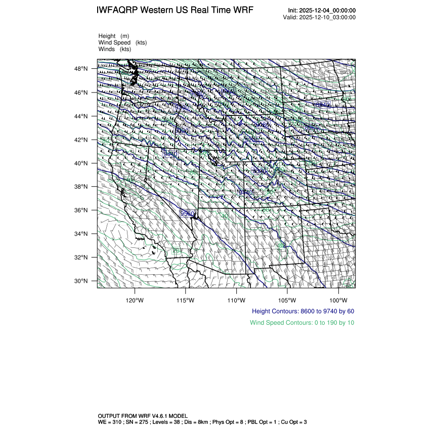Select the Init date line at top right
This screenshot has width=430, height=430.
tap(322, 11)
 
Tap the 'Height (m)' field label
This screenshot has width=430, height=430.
tap(114, 36)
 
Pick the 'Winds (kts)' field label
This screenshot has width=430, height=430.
tap(115, 49)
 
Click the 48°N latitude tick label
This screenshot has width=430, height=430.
tap(82, 69)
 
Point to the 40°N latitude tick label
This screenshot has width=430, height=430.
tap(82, 163)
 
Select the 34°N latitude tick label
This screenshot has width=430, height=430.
tap(82, 234)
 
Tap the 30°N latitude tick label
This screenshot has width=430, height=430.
tap(82, 281)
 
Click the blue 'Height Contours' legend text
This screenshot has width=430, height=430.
tap(303, 311)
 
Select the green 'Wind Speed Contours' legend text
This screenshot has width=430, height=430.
tap(302, 322)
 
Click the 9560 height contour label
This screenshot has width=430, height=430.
tap(188, 213)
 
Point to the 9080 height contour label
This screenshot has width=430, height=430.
tap(262, 124)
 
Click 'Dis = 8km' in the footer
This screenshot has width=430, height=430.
tap(200, 421)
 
